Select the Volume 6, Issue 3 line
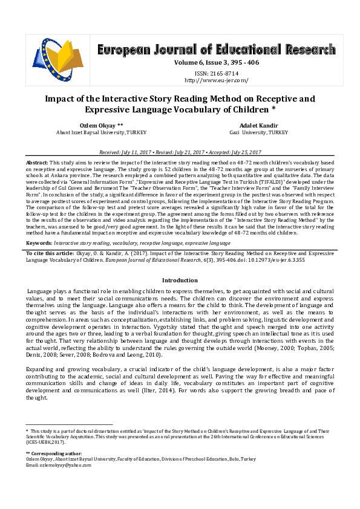click(x=216, y=62)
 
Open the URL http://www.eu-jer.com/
click(x=216, y=80)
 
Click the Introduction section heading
click(x=180, y=280)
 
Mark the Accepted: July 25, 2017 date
click(x=234, y=152)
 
